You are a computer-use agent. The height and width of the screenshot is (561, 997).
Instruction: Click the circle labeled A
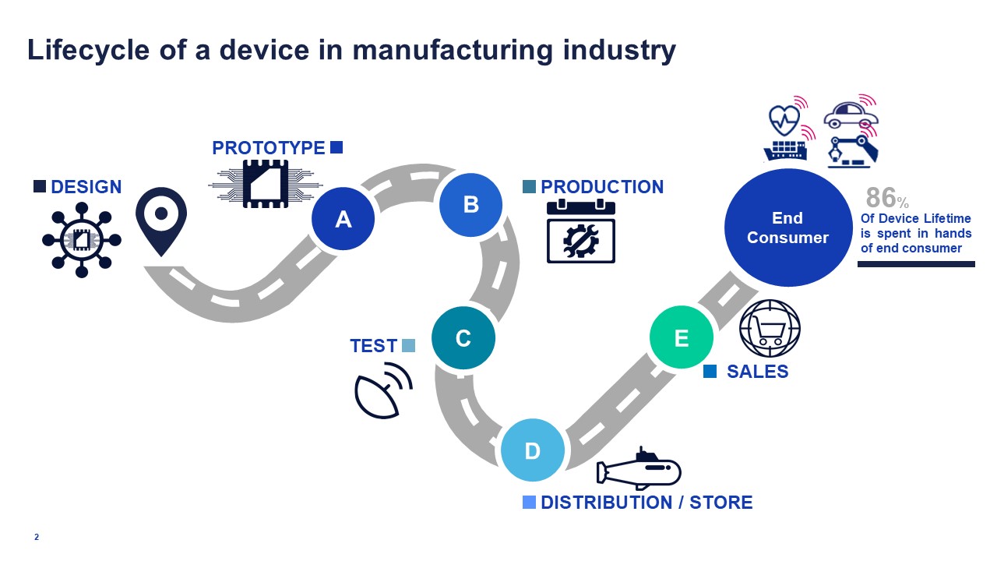(343, 220)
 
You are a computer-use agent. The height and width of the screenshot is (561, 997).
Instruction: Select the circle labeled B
(470, 204)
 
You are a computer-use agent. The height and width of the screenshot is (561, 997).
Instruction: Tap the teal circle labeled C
(463, 338)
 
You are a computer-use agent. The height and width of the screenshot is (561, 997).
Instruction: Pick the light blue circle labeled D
(532, 450)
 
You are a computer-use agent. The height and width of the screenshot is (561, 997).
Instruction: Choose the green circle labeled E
(682, 337)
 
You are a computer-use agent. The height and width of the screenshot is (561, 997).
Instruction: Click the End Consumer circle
(787, 228)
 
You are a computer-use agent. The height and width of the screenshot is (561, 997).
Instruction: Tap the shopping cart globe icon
(769, 329)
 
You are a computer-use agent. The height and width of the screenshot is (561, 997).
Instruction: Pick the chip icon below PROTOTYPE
(265, 184)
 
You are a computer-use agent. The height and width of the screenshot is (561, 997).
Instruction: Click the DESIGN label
(86, 187)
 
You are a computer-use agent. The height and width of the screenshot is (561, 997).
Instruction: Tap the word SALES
(757, 372)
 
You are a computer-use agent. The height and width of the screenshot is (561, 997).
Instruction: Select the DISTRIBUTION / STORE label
(646, 503)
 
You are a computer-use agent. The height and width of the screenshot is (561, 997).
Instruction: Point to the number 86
(881, 198)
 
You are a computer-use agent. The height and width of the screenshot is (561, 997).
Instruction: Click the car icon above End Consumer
(850, 115)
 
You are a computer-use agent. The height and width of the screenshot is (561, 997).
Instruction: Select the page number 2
(37, 537)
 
